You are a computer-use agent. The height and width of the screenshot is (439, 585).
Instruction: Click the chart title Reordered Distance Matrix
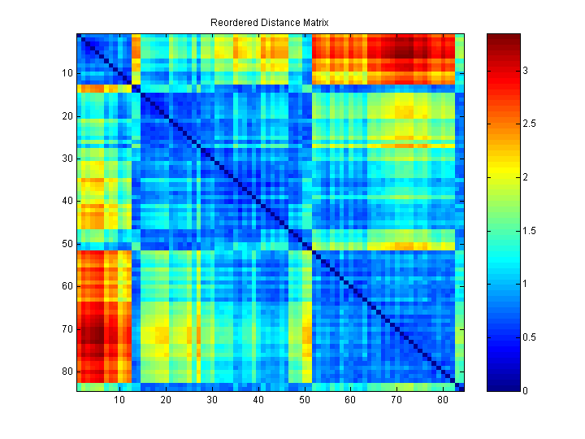pos(269,21)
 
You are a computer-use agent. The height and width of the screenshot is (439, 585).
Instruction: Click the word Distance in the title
pos(272,21)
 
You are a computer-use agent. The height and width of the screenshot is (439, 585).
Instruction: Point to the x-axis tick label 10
pos(119,401)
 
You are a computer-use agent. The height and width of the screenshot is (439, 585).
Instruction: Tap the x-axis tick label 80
pos(442,401)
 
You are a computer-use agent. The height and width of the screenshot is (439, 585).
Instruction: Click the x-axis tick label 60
pos(350,401)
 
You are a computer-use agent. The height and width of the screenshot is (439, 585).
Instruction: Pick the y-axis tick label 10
pos(66,73)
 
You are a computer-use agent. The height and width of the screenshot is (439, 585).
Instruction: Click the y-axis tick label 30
pos(66,159)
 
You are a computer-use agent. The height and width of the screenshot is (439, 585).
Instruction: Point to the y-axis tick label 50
pos(66,243)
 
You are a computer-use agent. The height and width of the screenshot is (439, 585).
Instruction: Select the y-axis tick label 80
pos(66,372)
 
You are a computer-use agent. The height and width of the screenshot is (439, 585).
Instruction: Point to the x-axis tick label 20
pos(166,401)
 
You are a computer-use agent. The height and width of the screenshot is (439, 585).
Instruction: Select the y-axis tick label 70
pos(66,328)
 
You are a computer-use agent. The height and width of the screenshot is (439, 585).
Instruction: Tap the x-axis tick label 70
pos(396,401)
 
